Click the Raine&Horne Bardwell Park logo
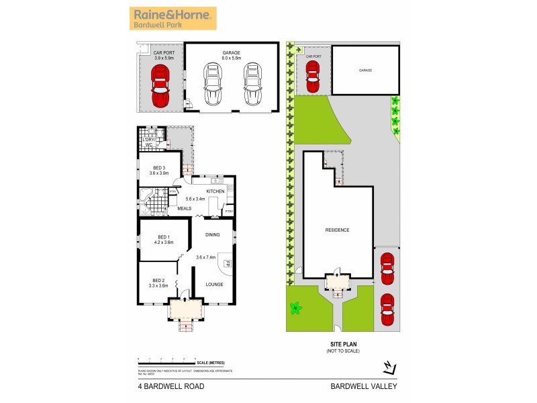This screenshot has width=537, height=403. [x=173, y=18]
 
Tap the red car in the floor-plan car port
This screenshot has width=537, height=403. [x=161, y=87]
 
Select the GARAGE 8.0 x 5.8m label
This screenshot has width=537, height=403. [x=231, y=56]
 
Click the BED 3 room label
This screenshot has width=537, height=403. [x=158, y=170]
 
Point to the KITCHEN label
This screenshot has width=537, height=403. [x=215, y=191]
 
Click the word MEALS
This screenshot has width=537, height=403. [x=184, y=208]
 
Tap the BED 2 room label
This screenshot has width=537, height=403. [x=158, y=283]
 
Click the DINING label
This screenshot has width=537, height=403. [x=213, y=234]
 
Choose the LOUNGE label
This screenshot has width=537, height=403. [x=213, y=284]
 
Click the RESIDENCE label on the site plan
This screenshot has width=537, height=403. [x=337, y=230]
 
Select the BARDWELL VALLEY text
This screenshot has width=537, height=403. [x=364, y=386]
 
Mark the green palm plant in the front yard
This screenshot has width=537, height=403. [x=295, y=309]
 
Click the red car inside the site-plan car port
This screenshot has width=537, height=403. [x=312, y=77]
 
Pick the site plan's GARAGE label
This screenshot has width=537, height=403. [x=365, y=70]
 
